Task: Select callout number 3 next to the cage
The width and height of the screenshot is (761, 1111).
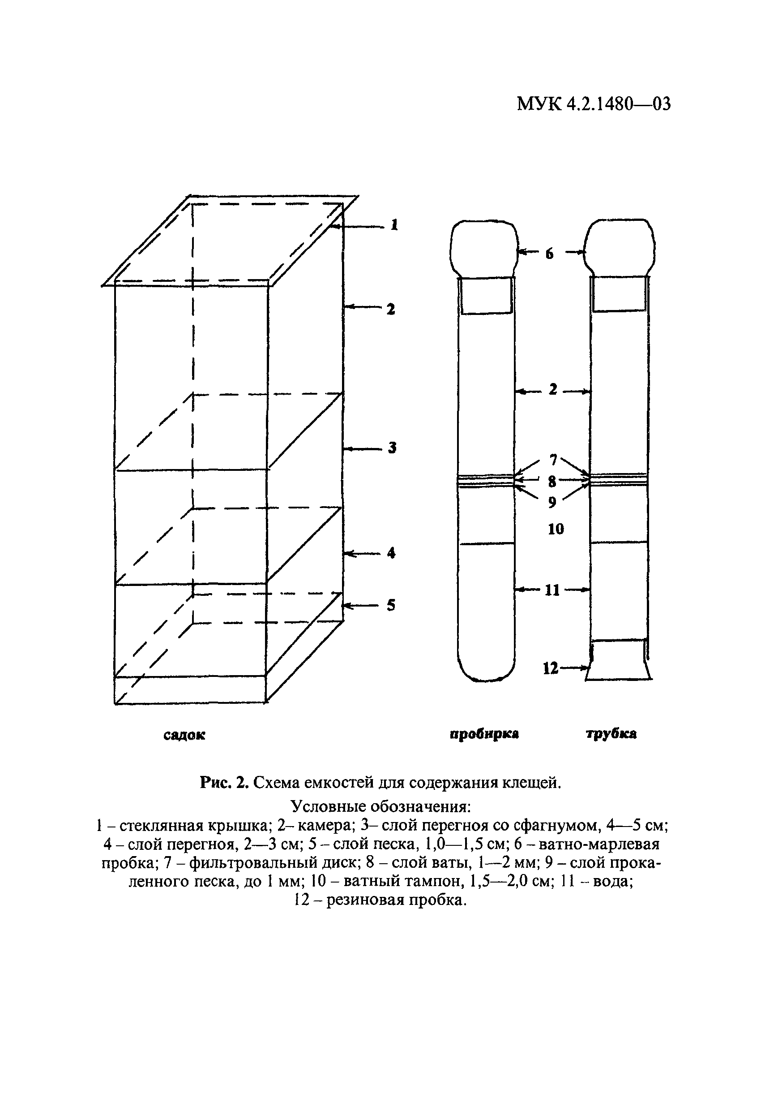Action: [x=392, y=448]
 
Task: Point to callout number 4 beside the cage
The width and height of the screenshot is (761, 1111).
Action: [x=392, y=553]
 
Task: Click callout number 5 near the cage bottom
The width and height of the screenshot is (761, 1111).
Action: [x=391, y=605]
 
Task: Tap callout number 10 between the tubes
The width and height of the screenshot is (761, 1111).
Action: [x=556, y=529]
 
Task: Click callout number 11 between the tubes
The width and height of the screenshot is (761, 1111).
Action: [x=552, y=590]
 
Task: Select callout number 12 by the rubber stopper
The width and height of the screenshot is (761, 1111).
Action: [x=551, y=668]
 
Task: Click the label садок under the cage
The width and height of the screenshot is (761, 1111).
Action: [x=184, y=735]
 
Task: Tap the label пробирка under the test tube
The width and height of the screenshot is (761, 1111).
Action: [x=484, y=734]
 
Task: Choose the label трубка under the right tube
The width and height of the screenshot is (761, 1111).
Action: [x=611, y=734]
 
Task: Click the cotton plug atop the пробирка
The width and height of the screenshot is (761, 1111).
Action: [x=484, y=247]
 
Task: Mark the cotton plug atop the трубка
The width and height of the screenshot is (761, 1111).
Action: [x=620, y=247]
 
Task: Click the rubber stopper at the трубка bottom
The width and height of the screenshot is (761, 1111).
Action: [x=620, y=661]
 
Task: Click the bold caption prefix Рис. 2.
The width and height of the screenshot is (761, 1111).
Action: [x=223, y=783]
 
